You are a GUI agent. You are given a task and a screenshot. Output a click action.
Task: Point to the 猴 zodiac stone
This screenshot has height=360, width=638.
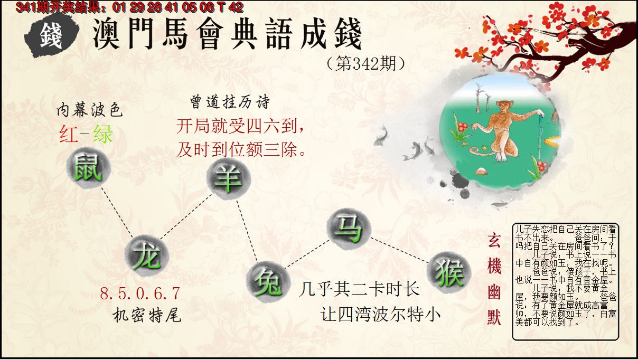(448, 272)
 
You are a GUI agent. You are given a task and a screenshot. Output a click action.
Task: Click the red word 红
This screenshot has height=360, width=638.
(69, 135)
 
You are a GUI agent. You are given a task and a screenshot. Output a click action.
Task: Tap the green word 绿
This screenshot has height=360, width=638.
(102, 135)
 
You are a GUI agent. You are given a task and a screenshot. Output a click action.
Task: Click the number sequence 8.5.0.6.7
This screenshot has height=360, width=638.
(140, 293)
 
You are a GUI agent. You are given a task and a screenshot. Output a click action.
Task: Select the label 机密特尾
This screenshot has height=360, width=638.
(147, 316)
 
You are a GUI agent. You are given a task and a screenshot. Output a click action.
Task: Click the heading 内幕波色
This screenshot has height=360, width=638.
(89, 110)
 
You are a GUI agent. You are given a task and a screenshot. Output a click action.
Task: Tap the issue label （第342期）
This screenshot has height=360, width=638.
(366, 64)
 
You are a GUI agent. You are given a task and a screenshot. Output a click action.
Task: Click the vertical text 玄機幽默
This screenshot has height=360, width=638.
(494, 279)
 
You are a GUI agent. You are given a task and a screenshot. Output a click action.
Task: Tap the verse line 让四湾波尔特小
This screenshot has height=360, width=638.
(381, 315)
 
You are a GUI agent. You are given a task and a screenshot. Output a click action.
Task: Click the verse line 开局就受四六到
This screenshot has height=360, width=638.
(240, 127)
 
